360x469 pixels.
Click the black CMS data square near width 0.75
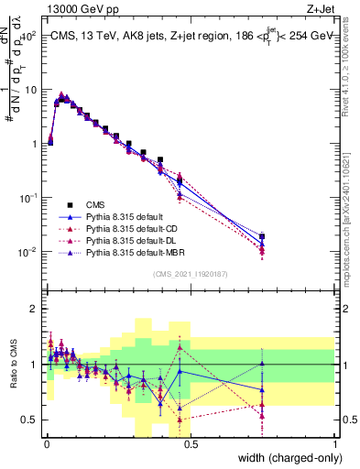[x=262, y=237]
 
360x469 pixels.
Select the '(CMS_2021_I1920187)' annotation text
[x=191, y=273]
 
